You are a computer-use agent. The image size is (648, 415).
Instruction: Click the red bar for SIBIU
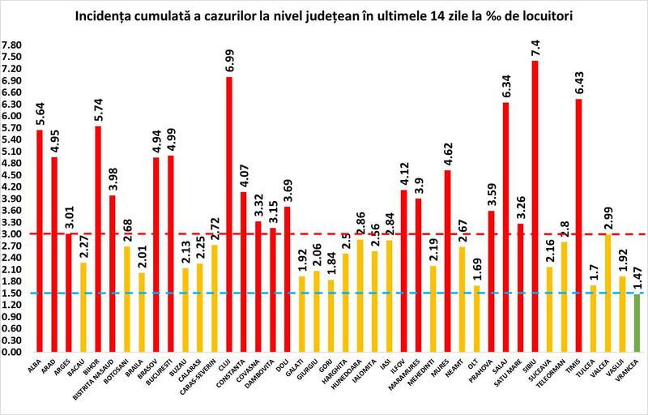535,207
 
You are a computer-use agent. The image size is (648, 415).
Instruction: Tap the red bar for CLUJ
229,215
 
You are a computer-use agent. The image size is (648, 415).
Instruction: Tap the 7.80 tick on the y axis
13,45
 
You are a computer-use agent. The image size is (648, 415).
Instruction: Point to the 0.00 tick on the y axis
13,352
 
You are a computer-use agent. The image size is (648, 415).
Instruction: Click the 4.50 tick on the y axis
13,175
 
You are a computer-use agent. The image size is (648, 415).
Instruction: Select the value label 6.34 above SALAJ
505,84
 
